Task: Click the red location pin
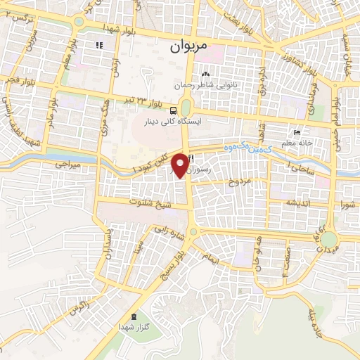point(180,165)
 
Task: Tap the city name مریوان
point(189,48)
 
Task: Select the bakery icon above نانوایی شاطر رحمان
point(205,75)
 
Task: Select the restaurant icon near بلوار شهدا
point(99,45)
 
